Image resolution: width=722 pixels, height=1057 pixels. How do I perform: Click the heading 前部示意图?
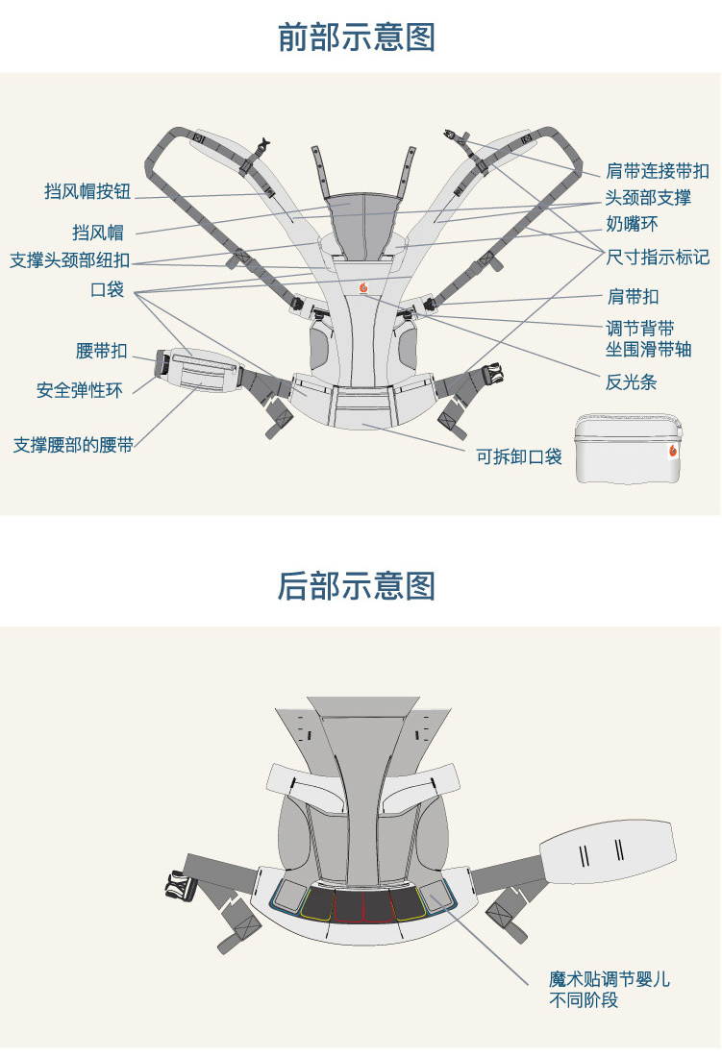[x=357, y=37]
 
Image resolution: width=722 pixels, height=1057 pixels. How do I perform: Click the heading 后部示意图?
[x=357, y=585]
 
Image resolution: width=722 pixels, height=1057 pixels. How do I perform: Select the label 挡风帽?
[x=97, y=233]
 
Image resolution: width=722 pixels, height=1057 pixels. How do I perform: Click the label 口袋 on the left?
[x=107, y=289]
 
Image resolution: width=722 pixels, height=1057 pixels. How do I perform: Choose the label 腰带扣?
[x=101, y=351]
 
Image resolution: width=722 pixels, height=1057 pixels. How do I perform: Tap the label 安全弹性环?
[x=80, y=391]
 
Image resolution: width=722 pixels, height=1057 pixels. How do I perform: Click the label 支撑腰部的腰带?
[x=73, y=445]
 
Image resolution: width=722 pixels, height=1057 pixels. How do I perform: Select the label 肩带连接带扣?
[x=658, y=172]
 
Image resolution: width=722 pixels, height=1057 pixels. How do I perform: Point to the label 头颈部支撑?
[x=648, y=198]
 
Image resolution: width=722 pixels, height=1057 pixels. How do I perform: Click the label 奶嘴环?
[x=632, y=225]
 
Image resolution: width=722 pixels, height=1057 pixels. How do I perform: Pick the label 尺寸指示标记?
[x=658, y=258]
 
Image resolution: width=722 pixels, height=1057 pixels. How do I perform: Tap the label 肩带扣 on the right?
[x=633, y=297]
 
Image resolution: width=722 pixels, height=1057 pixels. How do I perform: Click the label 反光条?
[x=631, y=382]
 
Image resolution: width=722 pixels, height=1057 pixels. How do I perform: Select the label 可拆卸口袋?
[x=519, y=456]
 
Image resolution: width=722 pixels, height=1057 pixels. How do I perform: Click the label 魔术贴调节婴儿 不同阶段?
[x=610, y=990]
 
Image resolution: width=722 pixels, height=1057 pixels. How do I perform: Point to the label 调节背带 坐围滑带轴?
[x=648, y=339]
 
